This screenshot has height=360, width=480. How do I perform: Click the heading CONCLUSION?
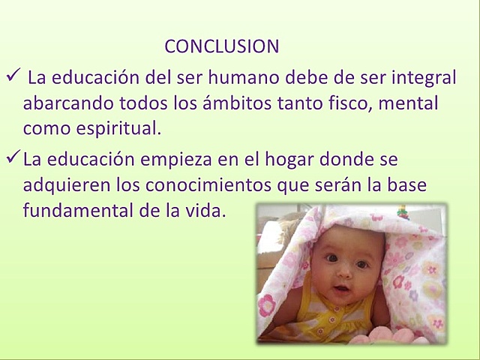[x=221, y=46]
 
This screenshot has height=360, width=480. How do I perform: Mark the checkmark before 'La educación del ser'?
[x=13, y=76]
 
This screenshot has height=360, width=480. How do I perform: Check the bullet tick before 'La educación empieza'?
[x=13, y=158]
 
